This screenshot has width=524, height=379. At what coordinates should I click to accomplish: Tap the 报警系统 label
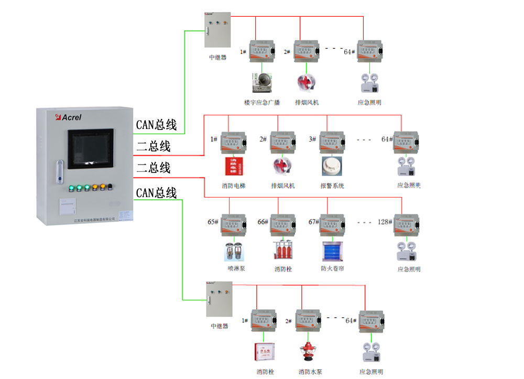(x=332, y=186)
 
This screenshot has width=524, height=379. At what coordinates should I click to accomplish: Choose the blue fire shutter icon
(x=332, y=251)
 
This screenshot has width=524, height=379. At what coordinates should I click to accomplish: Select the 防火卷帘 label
(x=332, y=269)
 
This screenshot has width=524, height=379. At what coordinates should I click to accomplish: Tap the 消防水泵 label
(x=310, y=372)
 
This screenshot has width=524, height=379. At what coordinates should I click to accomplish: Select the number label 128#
(x=385, y=222)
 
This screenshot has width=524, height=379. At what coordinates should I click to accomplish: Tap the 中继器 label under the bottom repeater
(x=219, y=326)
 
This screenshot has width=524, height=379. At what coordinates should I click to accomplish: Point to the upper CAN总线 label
(x=156, y=125)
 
